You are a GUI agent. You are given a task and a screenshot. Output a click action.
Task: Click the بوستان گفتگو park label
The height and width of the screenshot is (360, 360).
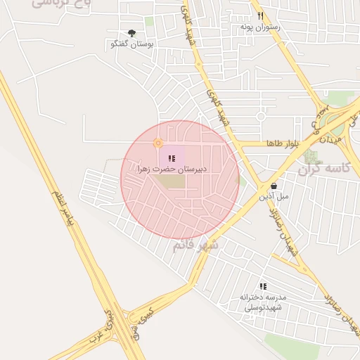point(132,44)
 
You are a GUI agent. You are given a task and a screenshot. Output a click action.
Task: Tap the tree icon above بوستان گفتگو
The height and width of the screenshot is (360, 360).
point(132,33)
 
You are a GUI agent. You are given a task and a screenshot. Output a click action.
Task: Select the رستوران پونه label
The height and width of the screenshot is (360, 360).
point(260,26)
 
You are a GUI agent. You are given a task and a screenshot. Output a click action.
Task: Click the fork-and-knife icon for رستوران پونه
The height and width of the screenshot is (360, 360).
point(260,15)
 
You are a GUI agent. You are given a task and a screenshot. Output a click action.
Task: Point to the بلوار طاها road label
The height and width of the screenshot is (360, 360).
point(283,143)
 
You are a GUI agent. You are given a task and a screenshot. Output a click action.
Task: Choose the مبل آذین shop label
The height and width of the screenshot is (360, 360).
point(274,196)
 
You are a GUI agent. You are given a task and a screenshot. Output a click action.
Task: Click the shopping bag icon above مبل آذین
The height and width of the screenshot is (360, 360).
point(274,186)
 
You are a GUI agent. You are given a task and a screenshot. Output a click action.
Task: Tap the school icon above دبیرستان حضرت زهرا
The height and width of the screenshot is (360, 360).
point(172,159)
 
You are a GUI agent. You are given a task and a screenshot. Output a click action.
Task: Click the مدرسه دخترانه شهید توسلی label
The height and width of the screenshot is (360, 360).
point(261,302)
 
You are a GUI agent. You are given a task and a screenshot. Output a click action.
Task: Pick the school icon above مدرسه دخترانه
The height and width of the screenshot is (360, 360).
point(263,286)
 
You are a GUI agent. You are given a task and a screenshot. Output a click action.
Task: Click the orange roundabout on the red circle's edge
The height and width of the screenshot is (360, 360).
point(157,144)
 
